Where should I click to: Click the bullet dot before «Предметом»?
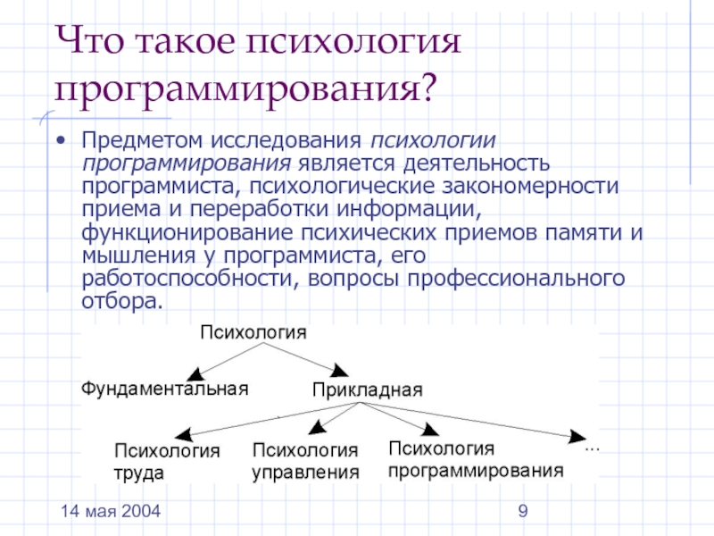[x=61, y=141]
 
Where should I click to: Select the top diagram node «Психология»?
[x=253, y=332]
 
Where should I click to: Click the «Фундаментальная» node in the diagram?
[x=164, y=388]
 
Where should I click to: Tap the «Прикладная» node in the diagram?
[x=367, y=389]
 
